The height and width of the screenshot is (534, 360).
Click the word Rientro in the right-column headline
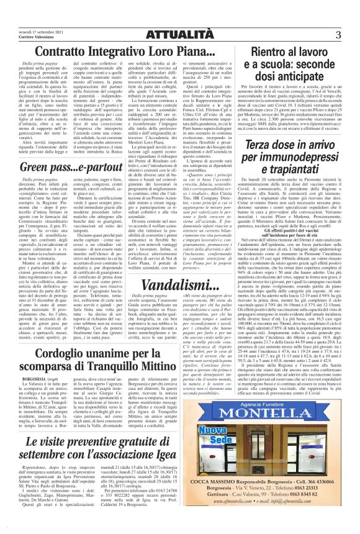(280, 52)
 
